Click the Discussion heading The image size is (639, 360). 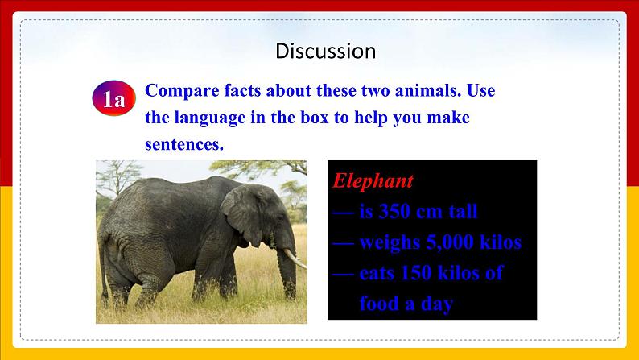pos(326,51)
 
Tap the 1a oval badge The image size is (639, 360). pos(113,98)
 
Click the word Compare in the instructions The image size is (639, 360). pos(182,91)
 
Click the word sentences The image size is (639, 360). pos(184,144)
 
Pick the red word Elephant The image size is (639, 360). pos(373,181)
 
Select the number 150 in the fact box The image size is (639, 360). pos(416,273)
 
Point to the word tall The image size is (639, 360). pos(463,211)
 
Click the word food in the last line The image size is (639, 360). pos(379,304)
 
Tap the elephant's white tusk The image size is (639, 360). pos(295,259)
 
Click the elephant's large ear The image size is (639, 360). pos(242,214)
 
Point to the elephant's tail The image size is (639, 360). pos(103,269)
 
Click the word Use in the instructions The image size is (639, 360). pos(481,90)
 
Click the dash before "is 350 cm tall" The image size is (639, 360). pos(343,213)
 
